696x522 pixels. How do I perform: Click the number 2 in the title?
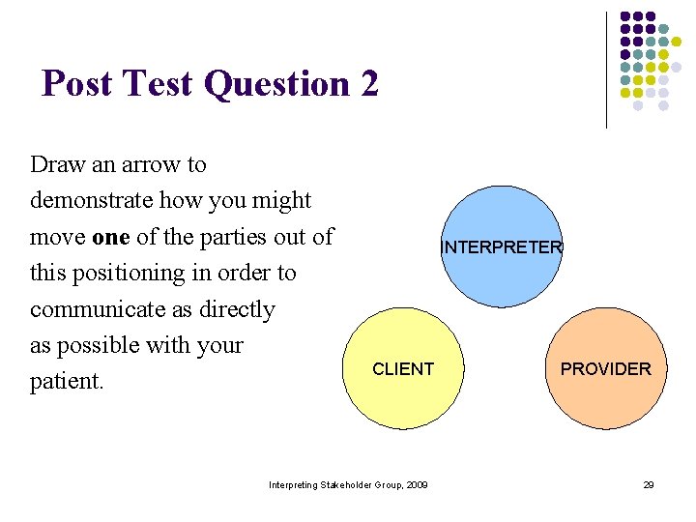coord(369,84)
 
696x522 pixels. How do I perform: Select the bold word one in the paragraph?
coord(110,237)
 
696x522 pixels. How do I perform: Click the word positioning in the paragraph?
coord(135,273)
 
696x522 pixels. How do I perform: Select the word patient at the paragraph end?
coord(66,382)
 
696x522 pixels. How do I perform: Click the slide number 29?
coord(649,484)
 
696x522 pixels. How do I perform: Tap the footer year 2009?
coord(417,484)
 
